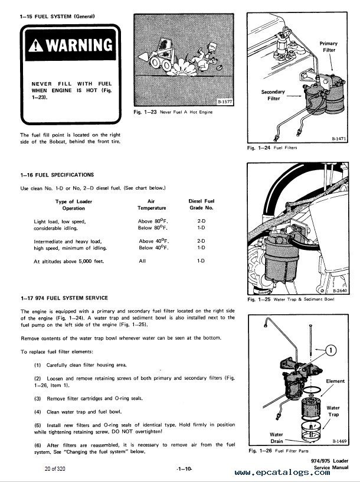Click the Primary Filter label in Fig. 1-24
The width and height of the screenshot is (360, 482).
328,48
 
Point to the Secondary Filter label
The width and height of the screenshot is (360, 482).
273,96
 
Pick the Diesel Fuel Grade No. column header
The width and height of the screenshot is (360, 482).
200,204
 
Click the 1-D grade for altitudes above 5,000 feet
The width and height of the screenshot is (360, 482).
201,260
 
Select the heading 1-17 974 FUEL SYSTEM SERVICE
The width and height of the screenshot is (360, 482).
64,298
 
